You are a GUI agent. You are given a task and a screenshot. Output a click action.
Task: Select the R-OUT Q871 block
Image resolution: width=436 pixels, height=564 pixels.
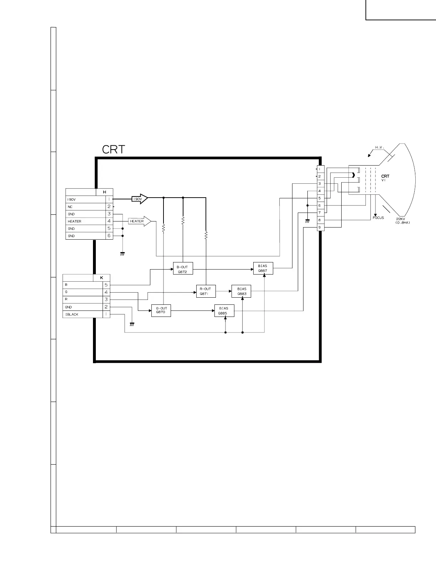pos(206,291)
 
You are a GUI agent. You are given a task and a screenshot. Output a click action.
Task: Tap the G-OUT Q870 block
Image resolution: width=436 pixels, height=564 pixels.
pos(161,310)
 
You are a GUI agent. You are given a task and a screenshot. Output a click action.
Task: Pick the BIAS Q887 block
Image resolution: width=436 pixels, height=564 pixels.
pos(263,268)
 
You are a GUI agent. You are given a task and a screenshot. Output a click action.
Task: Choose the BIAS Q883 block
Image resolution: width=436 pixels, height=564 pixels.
pos(242,291)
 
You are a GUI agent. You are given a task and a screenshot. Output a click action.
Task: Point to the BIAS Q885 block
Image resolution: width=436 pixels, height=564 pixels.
pos(224,310)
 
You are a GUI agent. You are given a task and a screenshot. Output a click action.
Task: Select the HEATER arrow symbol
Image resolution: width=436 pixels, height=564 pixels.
pos(139,221)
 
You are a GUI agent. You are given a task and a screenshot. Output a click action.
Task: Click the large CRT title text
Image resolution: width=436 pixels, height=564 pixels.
pos(114,150)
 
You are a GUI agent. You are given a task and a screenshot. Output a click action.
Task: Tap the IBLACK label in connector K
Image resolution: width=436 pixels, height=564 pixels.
pos(72,314)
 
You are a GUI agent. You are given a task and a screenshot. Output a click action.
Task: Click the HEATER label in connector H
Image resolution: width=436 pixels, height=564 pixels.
pos(74,221)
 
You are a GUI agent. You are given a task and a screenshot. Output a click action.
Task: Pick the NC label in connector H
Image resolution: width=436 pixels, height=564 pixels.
pos(70,207)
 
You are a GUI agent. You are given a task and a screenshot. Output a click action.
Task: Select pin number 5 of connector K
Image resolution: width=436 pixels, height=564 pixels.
pos(106,285)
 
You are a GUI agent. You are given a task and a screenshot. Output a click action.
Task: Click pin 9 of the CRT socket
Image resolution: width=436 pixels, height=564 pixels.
pos(320,227)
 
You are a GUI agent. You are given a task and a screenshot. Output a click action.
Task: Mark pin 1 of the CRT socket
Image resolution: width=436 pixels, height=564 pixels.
pos(320,169)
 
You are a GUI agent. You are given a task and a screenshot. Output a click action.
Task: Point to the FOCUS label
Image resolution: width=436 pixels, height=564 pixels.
pos(378,218)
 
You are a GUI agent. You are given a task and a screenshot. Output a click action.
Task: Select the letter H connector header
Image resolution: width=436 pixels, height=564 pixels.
pos(105,192)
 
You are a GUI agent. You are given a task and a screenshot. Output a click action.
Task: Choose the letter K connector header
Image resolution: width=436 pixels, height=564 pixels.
pos(102,278)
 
